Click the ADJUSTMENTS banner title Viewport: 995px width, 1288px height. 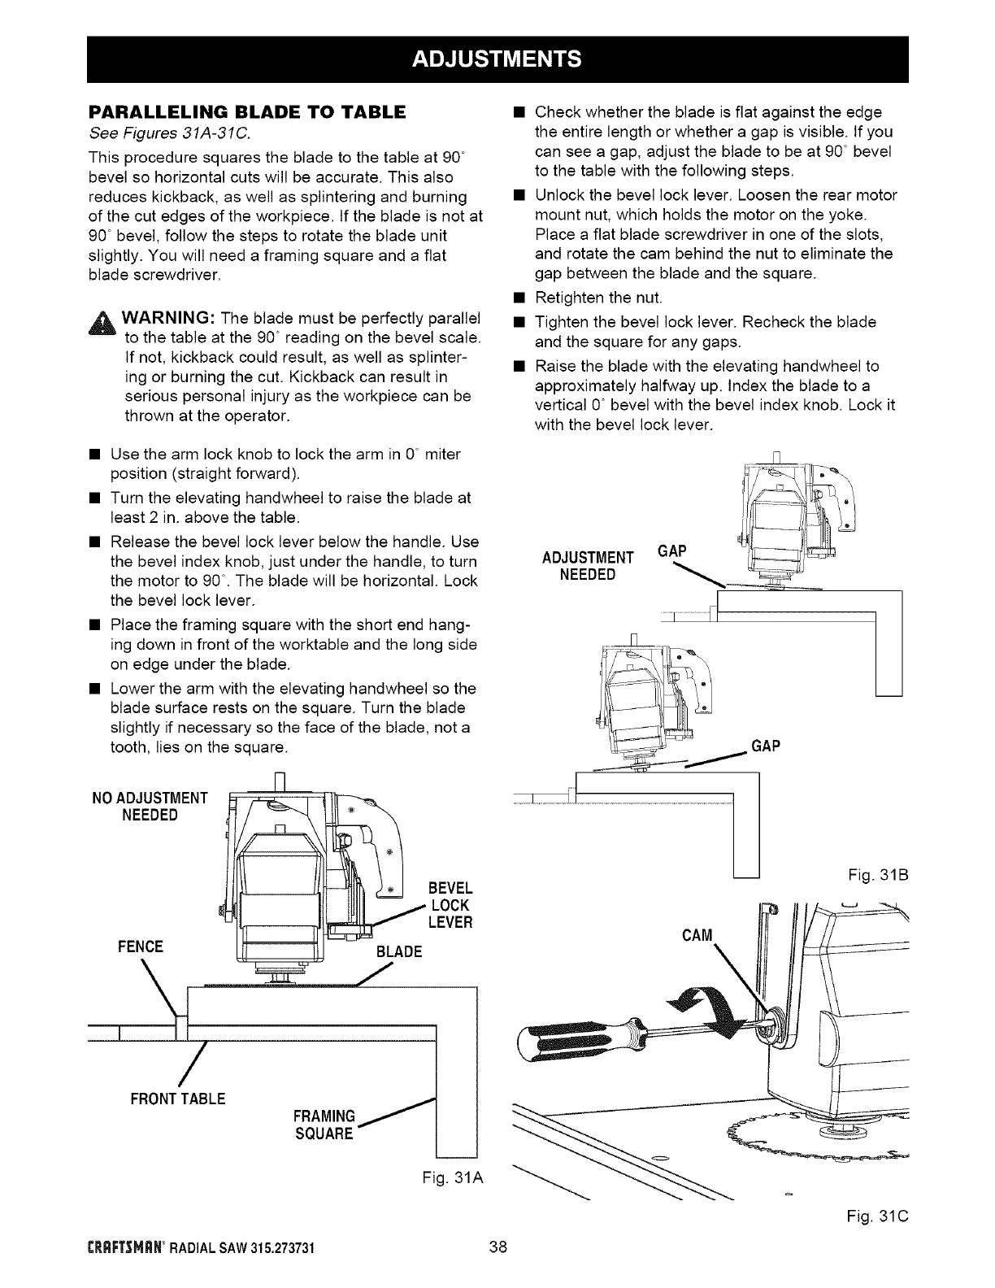pyautogui.click(x=497, y=59)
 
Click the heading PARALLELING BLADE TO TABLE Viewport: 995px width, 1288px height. pyautogui.click(x=247, y=113)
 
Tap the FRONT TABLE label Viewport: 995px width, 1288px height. pyautogui.click(x=173, y=1099)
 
